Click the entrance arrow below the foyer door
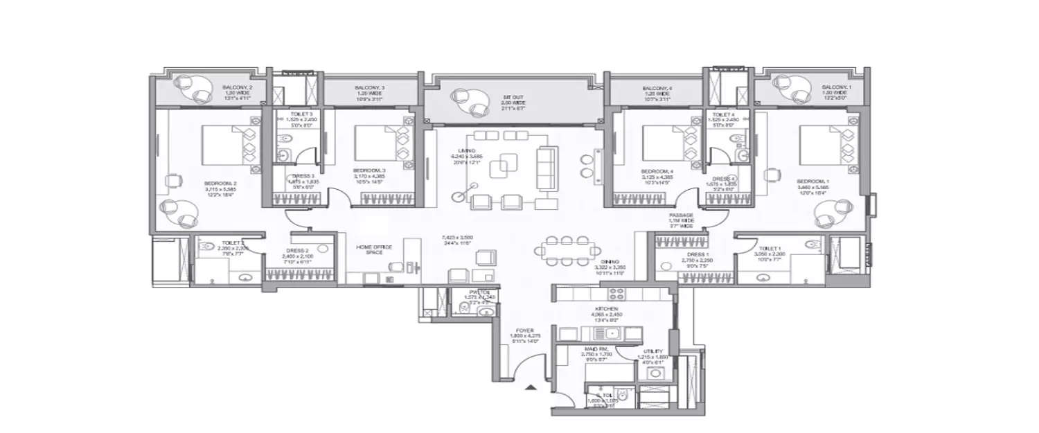click(530, 389)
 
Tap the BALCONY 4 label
click(656, 89)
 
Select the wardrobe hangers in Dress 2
click(299, 275)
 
